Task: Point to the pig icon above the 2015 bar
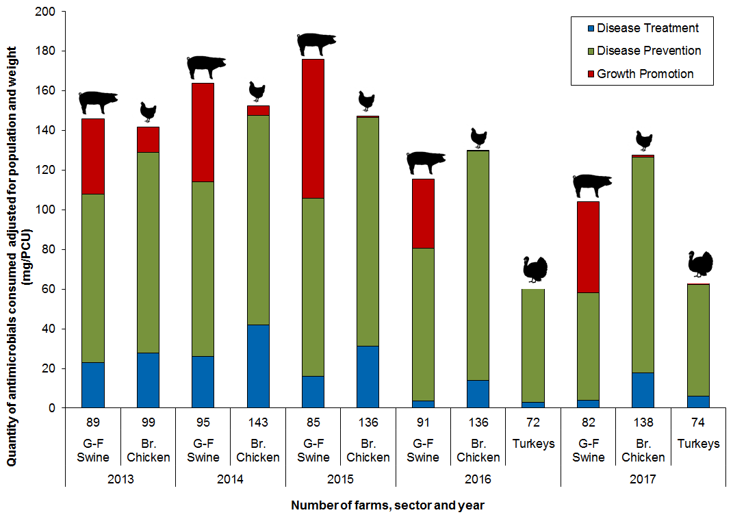coord(316,44)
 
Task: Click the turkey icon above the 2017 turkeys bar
coord(700,264)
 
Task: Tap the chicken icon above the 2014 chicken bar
coord(257,91)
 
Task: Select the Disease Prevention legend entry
coord(648,51)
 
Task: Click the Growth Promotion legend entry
coord(645,73)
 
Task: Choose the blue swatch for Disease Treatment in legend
coord(588,29)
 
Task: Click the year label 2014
coord(231,479)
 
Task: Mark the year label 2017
coord(643,479)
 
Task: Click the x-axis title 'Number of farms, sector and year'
coord(388,506)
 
